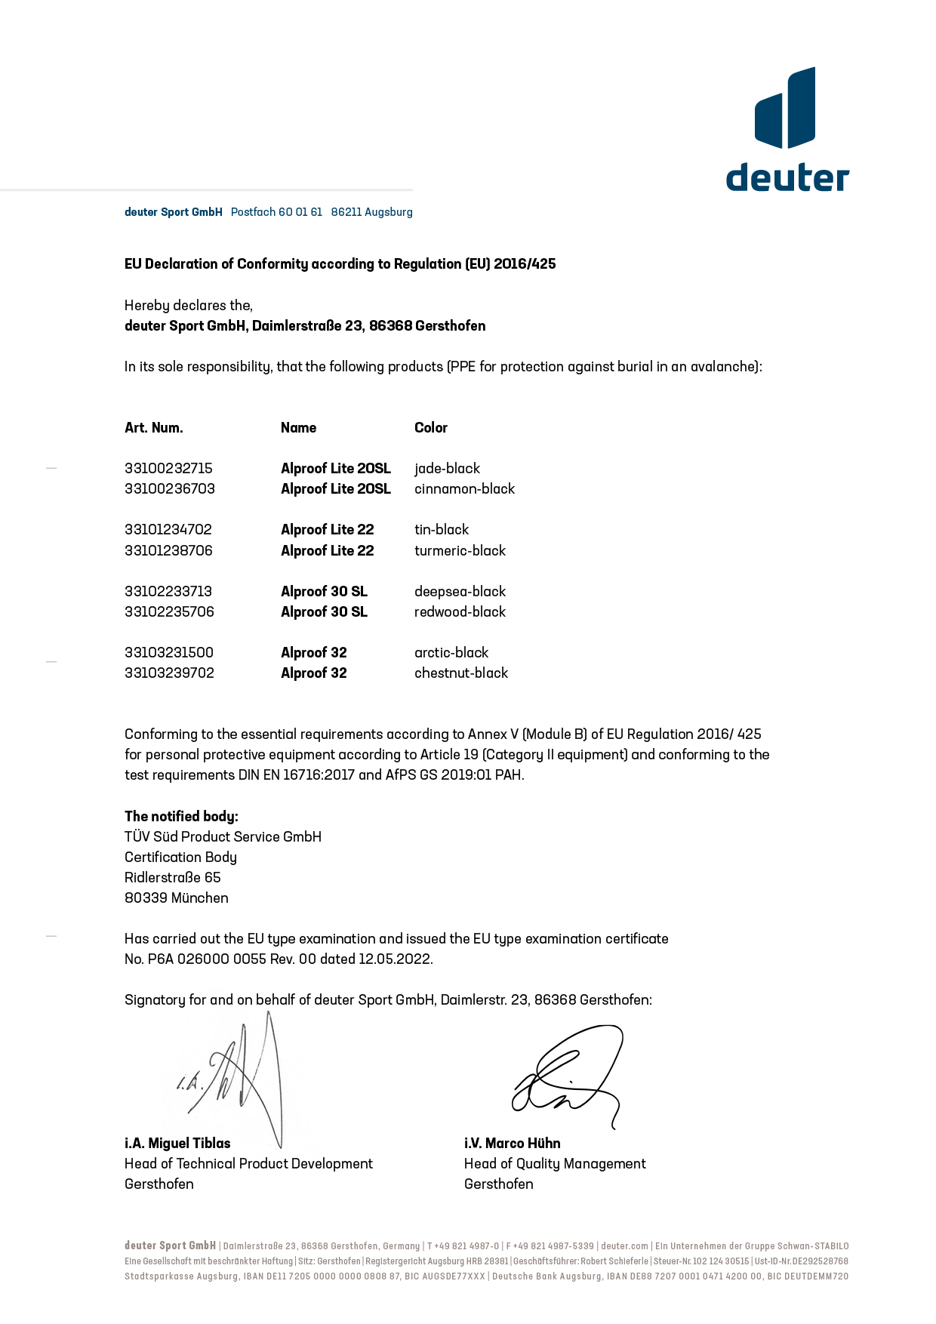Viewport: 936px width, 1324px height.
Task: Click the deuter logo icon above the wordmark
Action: coord(785,108)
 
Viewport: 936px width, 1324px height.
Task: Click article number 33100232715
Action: coord(168,469)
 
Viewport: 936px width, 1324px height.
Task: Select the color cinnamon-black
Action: coord(464,489)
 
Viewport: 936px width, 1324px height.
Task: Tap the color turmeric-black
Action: coord(460,551)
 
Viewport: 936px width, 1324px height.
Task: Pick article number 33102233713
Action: coord(168,592)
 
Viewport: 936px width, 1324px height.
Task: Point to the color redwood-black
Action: coord(460,612)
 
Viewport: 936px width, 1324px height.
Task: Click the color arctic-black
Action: coord(451,653)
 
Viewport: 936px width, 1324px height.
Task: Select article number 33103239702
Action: coord(169,673)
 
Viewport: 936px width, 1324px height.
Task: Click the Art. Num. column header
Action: coord(154,428)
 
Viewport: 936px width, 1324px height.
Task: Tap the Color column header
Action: coord(431,428)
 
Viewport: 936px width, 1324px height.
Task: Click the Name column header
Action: coord(298,428)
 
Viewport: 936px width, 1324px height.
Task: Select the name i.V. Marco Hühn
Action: coord(512,1144)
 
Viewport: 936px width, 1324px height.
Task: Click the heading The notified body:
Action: coord(181,817)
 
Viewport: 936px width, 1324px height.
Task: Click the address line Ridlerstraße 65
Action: coord(173,878)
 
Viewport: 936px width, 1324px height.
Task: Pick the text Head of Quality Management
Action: coord(555,1164)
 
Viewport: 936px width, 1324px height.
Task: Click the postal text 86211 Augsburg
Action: coord(371,212)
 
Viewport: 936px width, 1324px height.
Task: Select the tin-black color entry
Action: coord(442,530)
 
